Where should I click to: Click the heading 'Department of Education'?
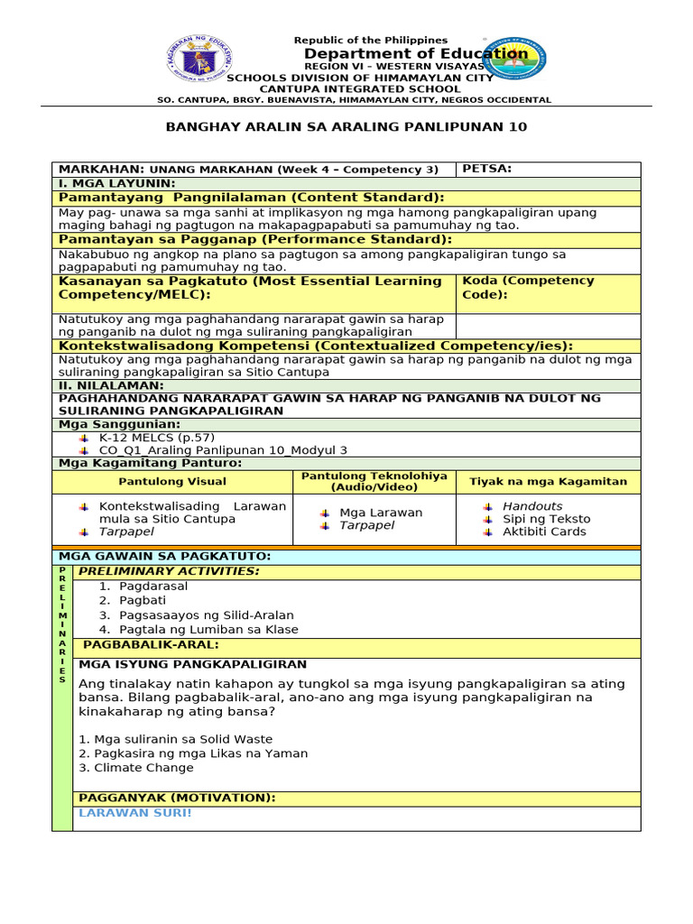415,54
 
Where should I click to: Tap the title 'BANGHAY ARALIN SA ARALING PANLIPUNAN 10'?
346,127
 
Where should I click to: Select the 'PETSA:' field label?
486,169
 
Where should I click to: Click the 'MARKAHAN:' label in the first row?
101,170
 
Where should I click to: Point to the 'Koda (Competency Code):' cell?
528,287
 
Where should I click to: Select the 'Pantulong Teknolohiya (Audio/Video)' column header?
374,481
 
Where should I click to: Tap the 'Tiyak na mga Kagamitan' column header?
548,482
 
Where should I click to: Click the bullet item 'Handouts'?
531,506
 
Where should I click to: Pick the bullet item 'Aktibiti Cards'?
543,531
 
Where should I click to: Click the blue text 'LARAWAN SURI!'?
135,812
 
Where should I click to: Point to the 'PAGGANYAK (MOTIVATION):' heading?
177,798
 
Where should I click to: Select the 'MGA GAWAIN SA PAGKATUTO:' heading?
164,557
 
